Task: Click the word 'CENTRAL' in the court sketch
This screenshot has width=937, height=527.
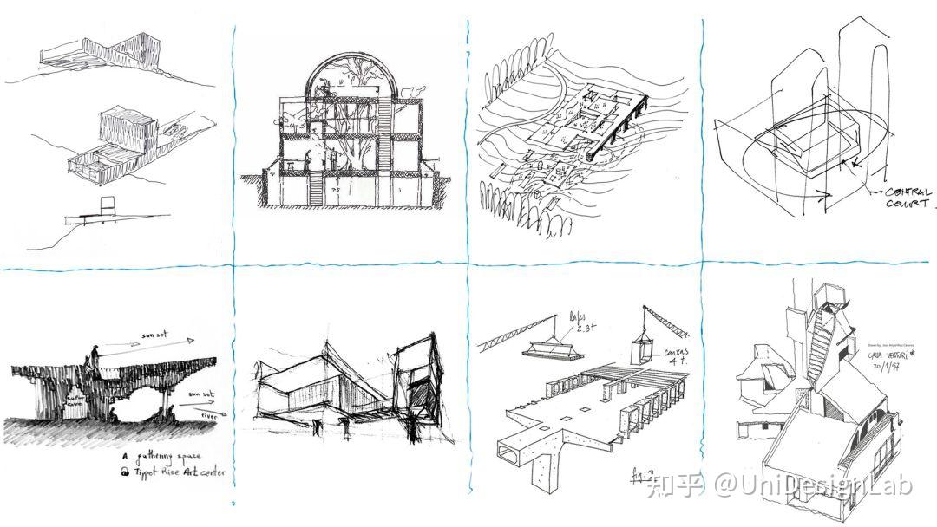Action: coord(908,192)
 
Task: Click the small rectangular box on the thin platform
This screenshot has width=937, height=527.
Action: coord(108,206)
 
